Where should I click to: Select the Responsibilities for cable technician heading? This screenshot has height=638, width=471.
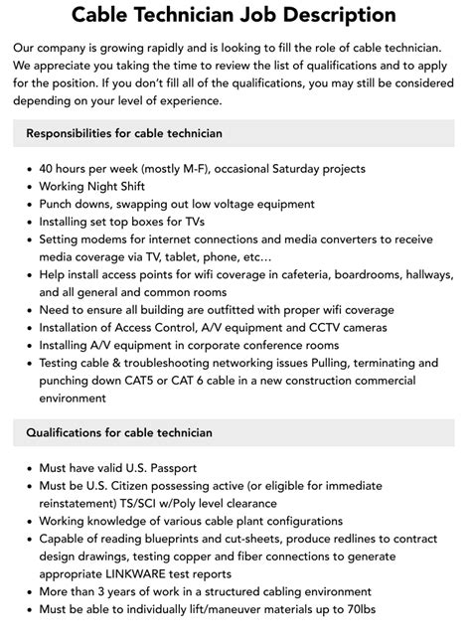[x=124, y=133]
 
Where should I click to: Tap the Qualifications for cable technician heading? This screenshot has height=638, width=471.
[x=119, y=432]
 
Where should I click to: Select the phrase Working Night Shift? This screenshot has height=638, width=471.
[x=92, y=186]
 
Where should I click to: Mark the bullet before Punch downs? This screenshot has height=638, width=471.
[x=27, y=204]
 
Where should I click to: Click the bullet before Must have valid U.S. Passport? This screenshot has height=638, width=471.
[x=27, y=467]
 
